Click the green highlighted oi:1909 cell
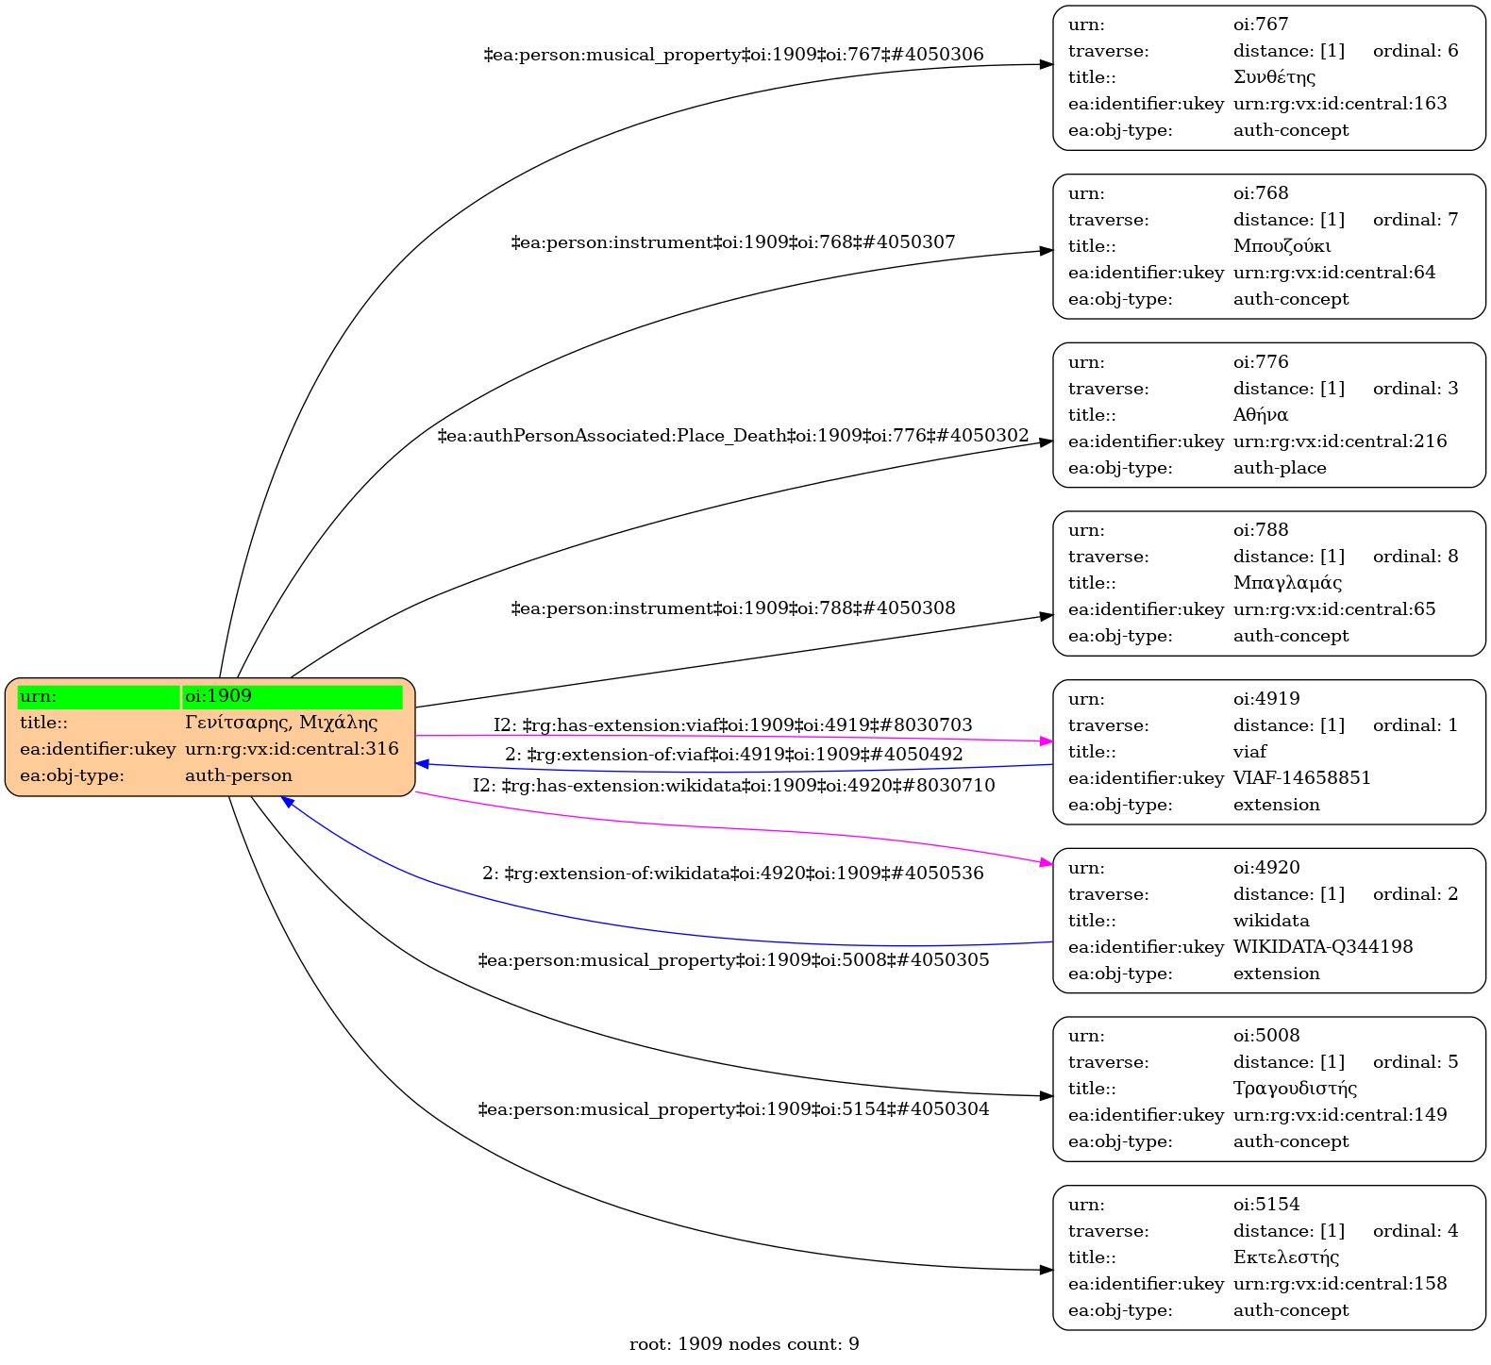tap(292, 696)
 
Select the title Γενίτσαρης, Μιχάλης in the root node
tap(281, 723)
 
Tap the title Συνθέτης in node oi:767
tap(1274, 77)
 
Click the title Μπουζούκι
tap(1282, 246)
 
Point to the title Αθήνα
tap(1260, 415)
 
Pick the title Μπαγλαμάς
tap(1287, 583)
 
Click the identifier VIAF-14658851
tap(1301, 778)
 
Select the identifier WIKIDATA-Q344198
tap(1323, 947)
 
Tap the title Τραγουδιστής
tap(1295, 1089)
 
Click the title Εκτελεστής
tap(1286, 1257)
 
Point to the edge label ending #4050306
tap(733, 55)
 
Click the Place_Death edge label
tap(733, 436)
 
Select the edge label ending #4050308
tap(733, 608)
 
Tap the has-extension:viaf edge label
tap(733, 725)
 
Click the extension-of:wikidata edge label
tap(733, 874)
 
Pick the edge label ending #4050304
tap(733, 1109)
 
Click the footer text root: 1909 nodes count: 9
tap(744, 1344)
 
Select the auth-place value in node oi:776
tap(1280, 468)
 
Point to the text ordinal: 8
tap(1416, 557)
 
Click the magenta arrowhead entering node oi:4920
tap(1046, 862)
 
